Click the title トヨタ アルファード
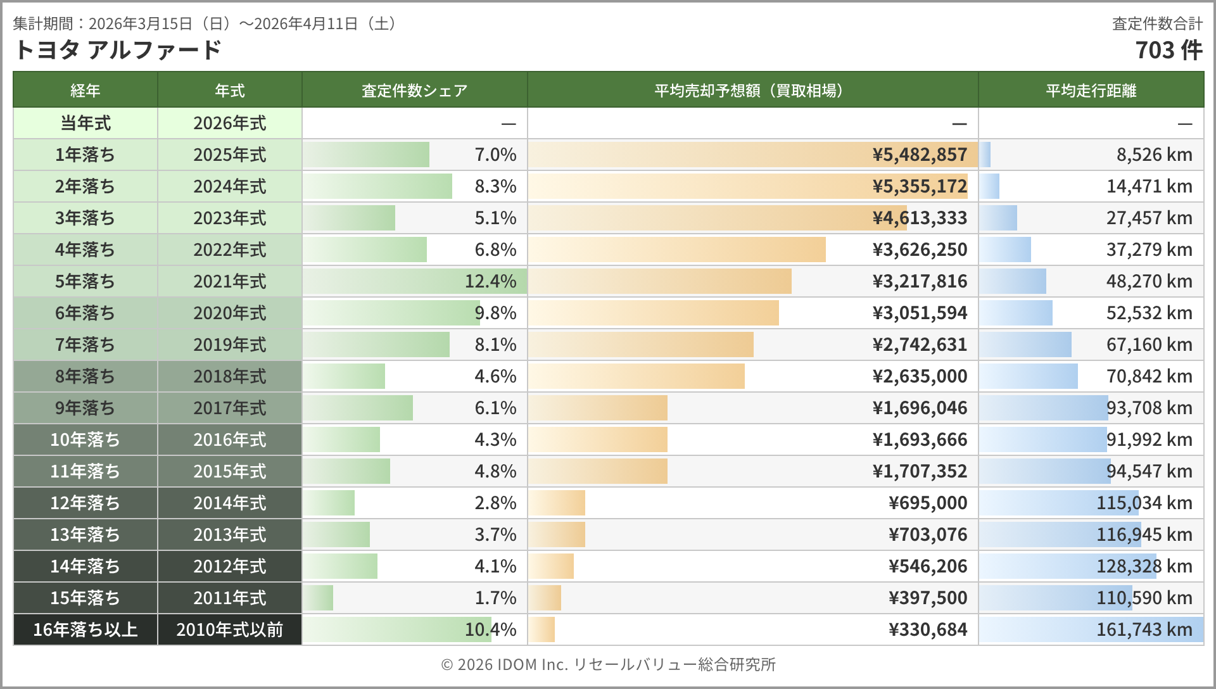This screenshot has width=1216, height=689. click(x=117, y=49)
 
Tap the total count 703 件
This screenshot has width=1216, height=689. click(x=1168, y=50)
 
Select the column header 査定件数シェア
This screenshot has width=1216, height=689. click(x=414, y=91)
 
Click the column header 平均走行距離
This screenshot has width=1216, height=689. click(x=1091, y=91)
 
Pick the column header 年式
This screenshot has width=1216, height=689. click(x=229, y=91)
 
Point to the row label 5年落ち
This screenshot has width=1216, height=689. click(x=85, y=281)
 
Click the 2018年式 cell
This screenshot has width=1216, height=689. click(x=229, y=376)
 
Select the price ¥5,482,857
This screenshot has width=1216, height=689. click(x=920, y=155)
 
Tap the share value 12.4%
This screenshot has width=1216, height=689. click(x=490, y=281)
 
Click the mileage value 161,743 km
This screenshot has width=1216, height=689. click(x=1144, y=629)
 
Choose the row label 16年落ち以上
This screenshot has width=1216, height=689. click(x=85, y=629)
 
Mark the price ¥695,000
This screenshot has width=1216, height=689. click(x=928, y=503)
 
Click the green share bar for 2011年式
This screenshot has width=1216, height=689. click(x=318, y=598)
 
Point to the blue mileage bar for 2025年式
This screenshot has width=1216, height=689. click(x=985, y=155)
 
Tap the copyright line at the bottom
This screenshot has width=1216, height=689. click(x=608, y=664)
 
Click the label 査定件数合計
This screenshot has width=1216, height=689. click(x=1157, y=24)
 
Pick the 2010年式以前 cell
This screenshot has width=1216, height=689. click(x=229, y=629)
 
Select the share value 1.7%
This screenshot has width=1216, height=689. click(x=495, y=598)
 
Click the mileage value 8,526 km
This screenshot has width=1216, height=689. click(x=1154, y=155)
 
